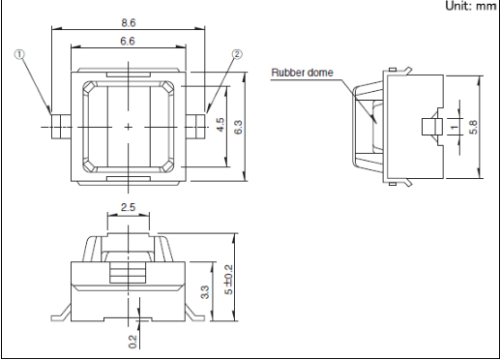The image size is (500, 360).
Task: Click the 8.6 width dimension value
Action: pos(129,23)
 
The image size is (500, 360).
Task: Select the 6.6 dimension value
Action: pos(128,42)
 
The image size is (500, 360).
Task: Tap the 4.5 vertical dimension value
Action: pos(221,125)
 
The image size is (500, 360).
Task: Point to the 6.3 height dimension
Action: pos(238,127)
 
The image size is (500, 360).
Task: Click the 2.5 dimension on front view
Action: pos(128,207)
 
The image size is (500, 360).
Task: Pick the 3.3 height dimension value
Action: pos(205,292)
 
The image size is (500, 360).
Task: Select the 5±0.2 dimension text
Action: pos(228,280)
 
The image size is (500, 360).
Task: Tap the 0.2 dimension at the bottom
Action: pos(132,342)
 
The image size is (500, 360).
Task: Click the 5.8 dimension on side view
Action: pos(473,127)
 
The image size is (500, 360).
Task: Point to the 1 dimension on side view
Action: pos(455,127)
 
